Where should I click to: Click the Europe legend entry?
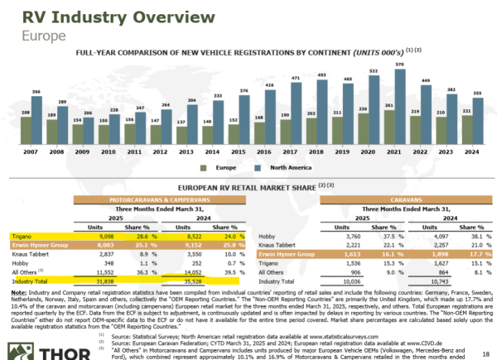coord(216,166)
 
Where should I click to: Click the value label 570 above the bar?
coord(400,64)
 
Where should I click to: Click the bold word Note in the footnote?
coord(17,290)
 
